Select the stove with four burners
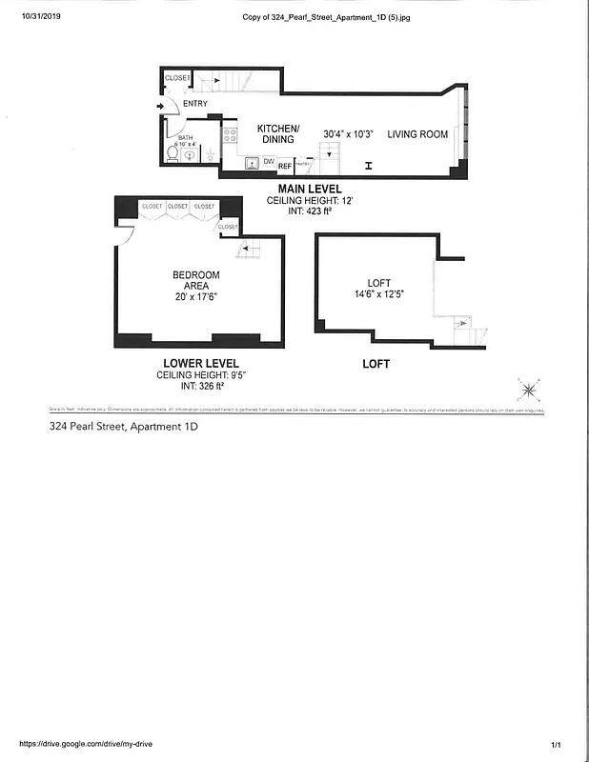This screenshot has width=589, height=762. click(x=230, y=135)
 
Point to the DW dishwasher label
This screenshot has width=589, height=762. click(x=269, y=163)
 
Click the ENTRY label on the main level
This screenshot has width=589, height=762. click(x=195, y=104)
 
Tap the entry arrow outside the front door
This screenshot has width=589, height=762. click(x=159, y=106)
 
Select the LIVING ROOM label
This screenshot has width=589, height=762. click(x=417, y=134)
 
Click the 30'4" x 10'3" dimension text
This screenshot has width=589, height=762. click(x=348, y=134)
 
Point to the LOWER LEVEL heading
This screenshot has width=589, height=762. click(x=199, y=364)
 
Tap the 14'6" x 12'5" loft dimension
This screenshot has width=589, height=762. click(x=380, y=295)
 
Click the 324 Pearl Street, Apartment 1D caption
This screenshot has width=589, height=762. click(x=123, y=427)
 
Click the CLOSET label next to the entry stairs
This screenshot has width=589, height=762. click(x=178, y=77)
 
